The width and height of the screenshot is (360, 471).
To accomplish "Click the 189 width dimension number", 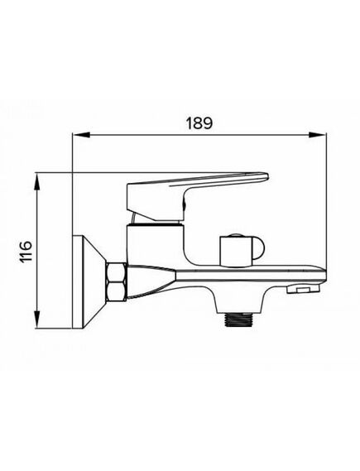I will [196, 122].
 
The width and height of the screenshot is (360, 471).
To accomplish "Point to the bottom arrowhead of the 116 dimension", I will [38, 324].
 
